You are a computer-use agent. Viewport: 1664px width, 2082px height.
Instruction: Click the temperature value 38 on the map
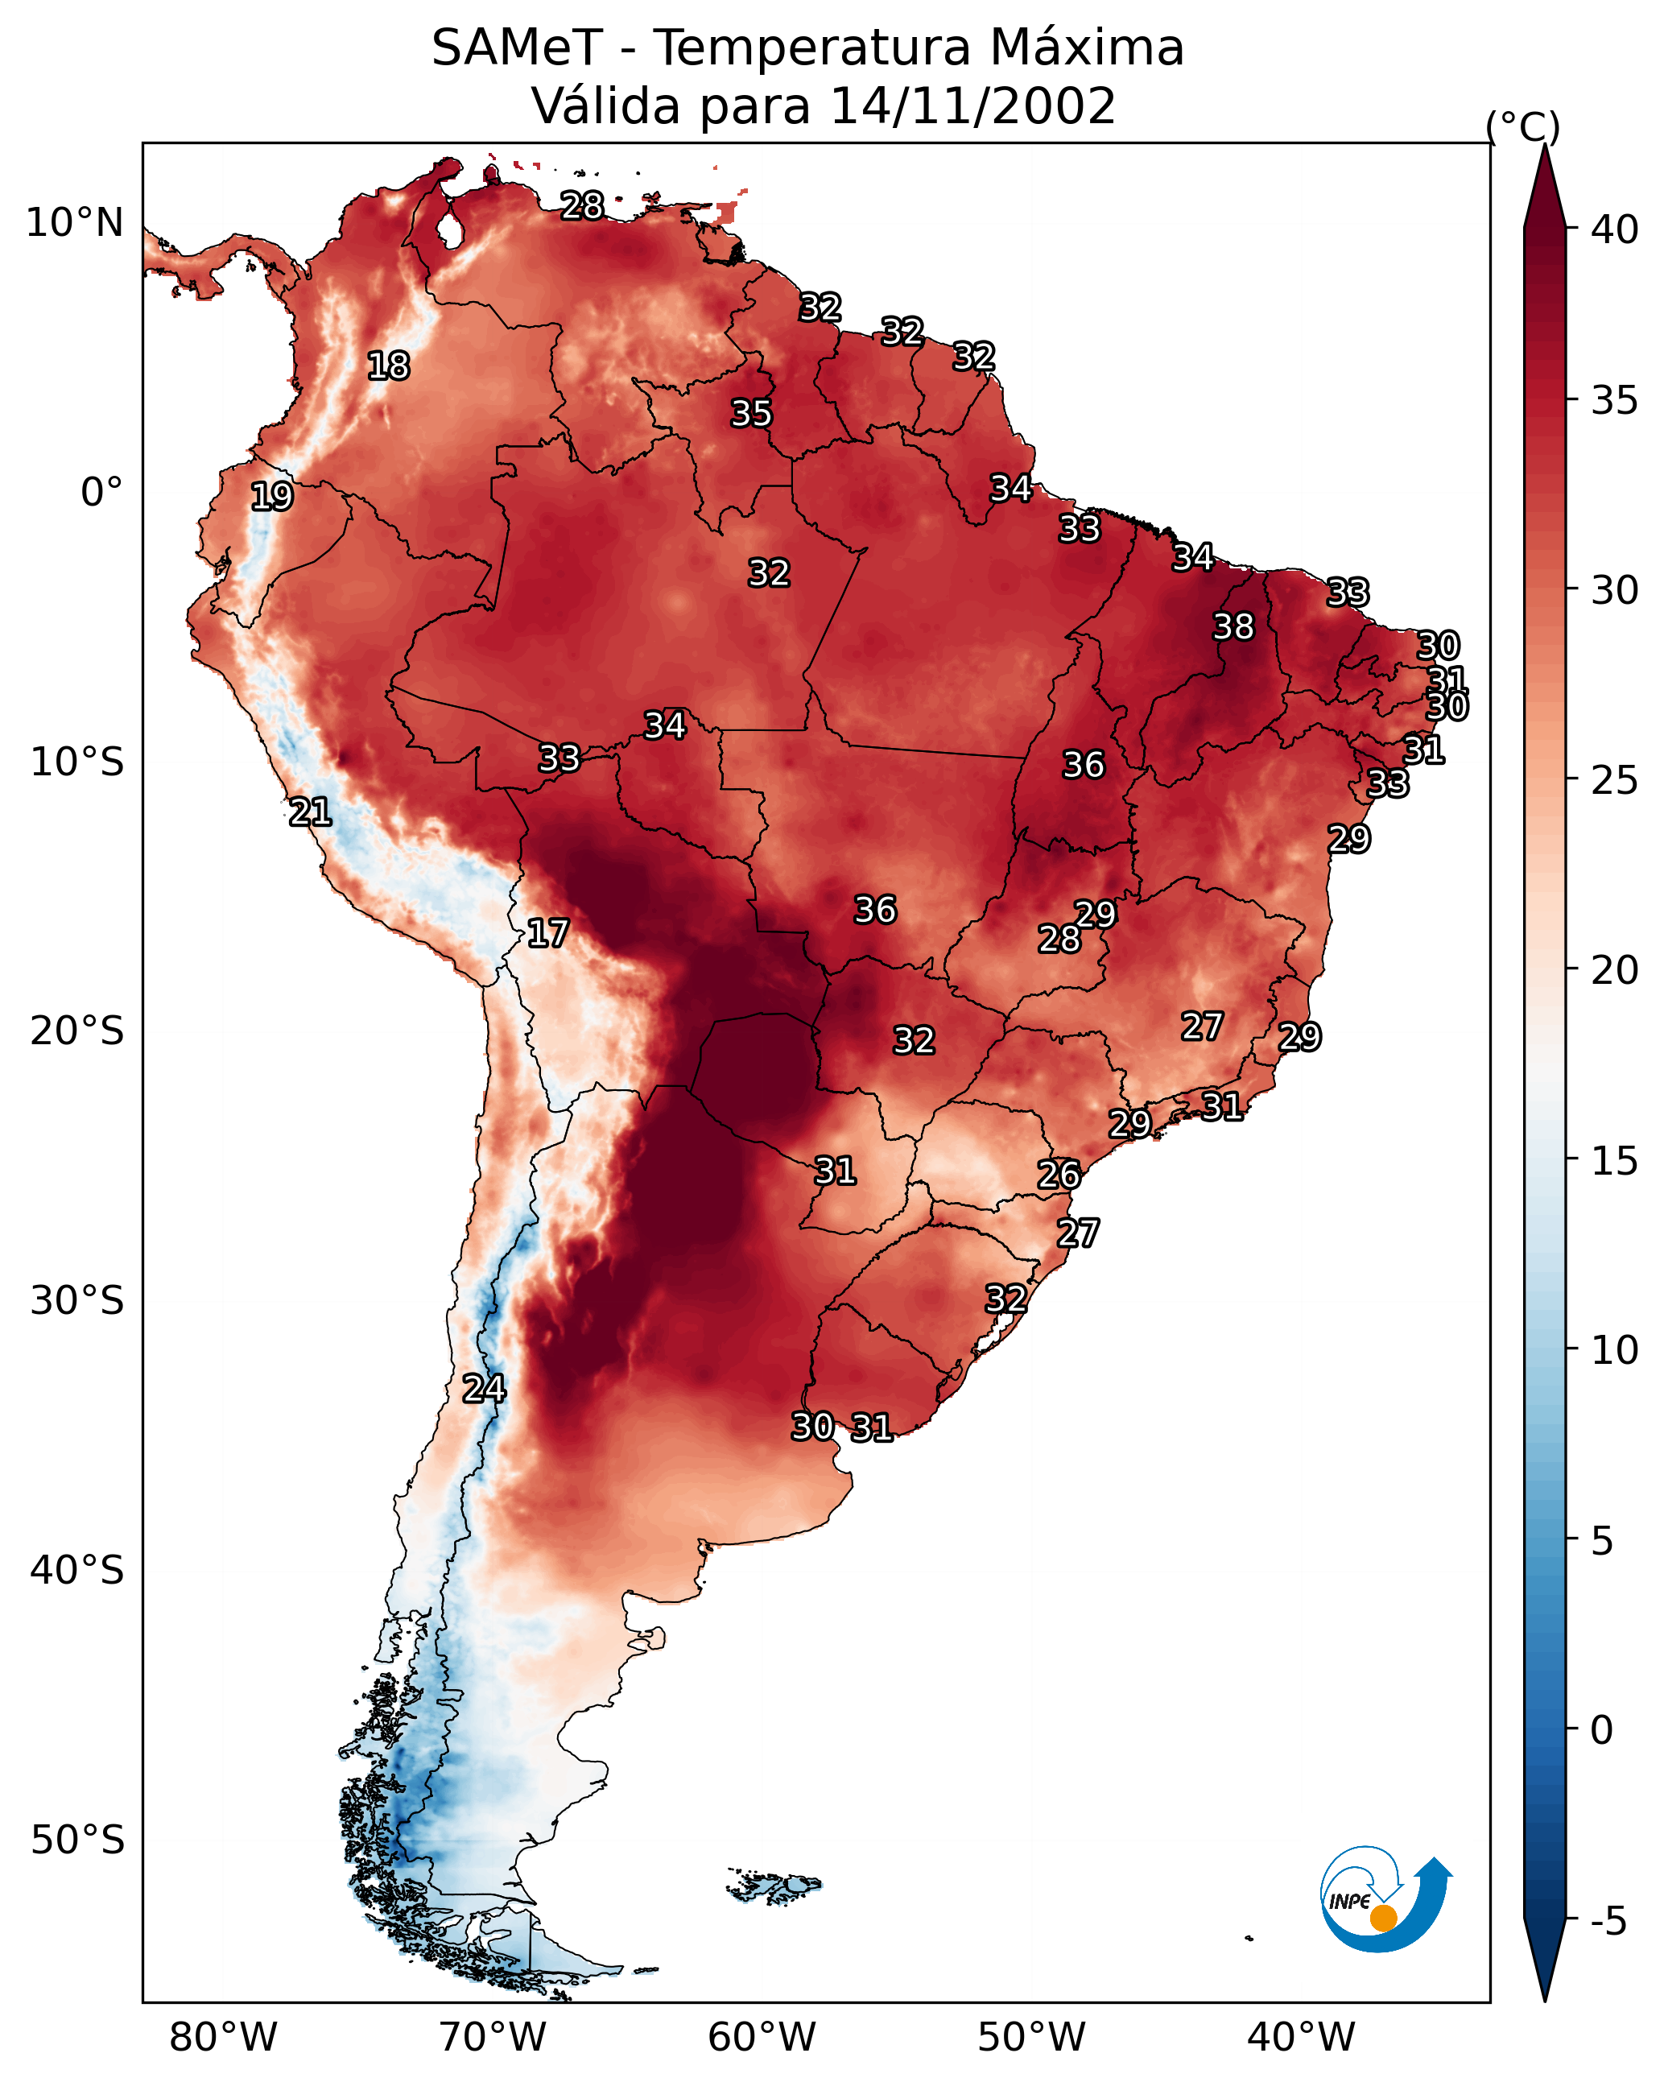click(1233, 626)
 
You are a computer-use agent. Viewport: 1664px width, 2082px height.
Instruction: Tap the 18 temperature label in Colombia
click(388, 366)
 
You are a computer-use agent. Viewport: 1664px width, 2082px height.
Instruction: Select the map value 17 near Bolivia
click(547, 933)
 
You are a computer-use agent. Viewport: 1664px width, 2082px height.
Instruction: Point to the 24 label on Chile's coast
click(483, 1389)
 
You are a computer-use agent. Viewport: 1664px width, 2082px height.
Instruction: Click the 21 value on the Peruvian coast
click(310, 812)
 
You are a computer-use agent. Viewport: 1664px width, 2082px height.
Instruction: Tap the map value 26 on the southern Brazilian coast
click(1059, 1175)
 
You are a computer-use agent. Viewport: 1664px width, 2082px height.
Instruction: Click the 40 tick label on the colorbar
click(1615, 229)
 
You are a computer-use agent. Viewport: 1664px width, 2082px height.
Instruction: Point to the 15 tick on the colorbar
click(1615, 1161)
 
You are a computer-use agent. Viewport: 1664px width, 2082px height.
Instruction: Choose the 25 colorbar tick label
click(1615, 780)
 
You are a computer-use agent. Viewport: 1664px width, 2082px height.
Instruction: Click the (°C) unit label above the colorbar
click(1523, 126)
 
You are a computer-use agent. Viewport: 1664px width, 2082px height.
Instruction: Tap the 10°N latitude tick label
click(74, 223)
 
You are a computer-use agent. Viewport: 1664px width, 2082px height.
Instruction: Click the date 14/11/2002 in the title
click(972, 106)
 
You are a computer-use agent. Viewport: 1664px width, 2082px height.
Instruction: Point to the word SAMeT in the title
click(518, 48)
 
